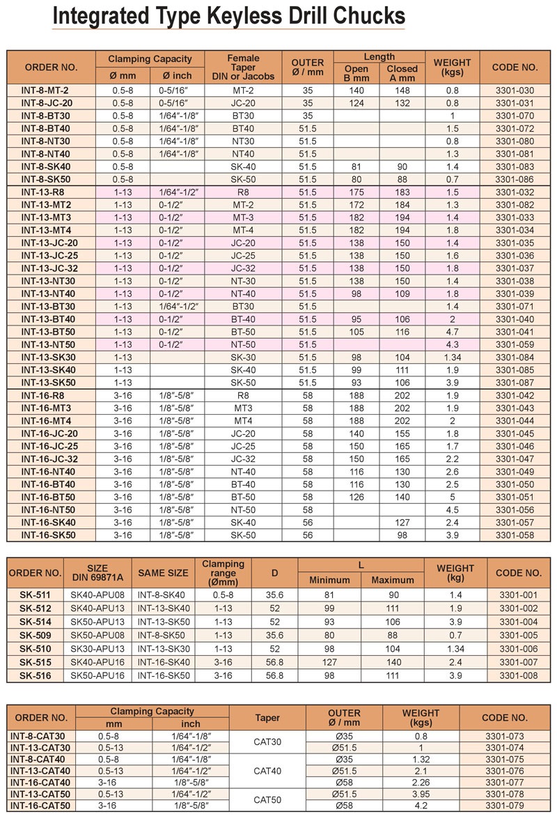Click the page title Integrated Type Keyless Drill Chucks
click(x=229, y=17)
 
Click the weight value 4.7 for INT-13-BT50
click(x=452, y=332)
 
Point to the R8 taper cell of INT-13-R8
click(x=243, y=192)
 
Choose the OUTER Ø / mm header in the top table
click(x=308, y=68)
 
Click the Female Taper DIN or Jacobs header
click(x=243, y=68)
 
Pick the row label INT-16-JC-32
click(x=49, y=459)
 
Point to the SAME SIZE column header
click(x=163, y=574)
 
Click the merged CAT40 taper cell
click(x=267, y=771)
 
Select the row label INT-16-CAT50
click(x=41, y=805)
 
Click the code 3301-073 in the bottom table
click(x=505, y=737)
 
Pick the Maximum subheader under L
click(x=393, y=581)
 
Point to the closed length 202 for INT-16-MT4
click(x=402, y=421)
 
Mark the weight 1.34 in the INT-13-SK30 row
click(x=452, y=358)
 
